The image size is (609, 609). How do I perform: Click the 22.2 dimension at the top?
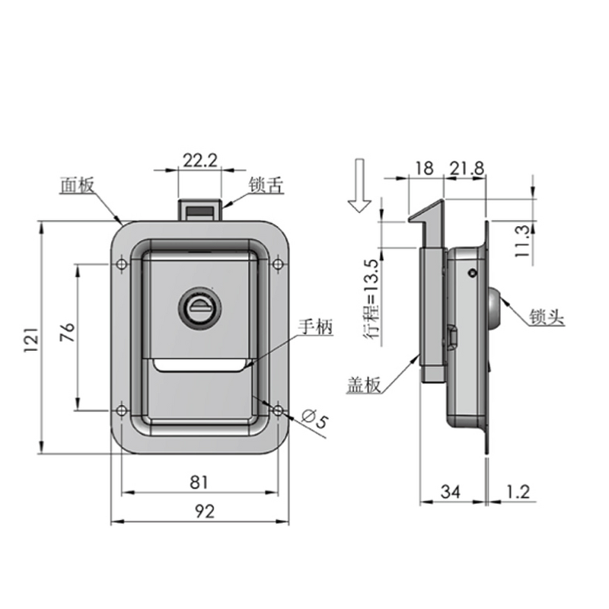[200, 160]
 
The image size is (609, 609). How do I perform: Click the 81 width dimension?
[199, 481]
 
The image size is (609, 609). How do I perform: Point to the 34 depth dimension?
[451, 493]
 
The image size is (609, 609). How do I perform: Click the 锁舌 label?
[266, 185]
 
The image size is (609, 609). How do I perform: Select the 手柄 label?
[315, 328]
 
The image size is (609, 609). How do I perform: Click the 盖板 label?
[364, 386]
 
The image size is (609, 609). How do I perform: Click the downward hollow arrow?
[358, 186]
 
